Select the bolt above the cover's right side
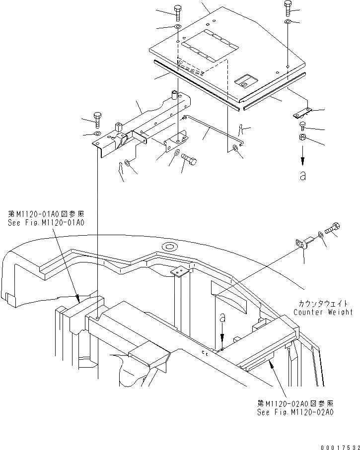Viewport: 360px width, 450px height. (288, 8)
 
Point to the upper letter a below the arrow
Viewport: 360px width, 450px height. (302, 176)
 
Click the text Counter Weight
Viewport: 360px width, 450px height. (323, 312)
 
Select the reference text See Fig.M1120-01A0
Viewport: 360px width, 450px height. (46, 223)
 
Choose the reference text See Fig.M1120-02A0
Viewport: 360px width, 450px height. (295, 412)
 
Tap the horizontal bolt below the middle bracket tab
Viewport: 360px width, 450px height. (189, 160)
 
